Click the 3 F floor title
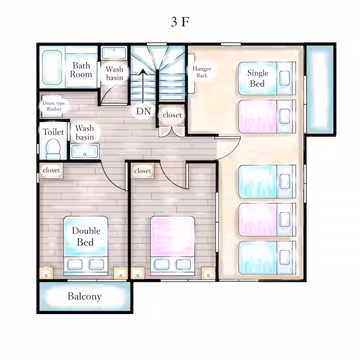tap(180, 22)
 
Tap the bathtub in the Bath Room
tap(52, 67)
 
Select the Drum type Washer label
tap(53, 106)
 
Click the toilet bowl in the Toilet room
tap(53, 149)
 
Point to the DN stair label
tap(143, 111)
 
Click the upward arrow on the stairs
tap(143, 86)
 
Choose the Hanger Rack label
tap(202, 72)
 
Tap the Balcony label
tap(84, 296)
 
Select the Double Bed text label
tap(86, 236)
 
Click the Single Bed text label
tap(257, 78)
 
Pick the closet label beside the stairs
tap(172, 115)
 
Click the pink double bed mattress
tap(172, 236)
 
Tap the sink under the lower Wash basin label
tap(84, 151)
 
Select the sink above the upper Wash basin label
tap(114, 53)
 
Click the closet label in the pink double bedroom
tap(142, 171)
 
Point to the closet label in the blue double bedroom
tap(51, 170)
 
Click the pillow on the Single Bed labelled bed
tap(284, 78)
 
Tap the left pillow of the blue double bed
tap(75, 264)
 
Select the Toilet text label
tap(53, 132)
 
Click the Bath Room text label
tap(81, 70)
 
